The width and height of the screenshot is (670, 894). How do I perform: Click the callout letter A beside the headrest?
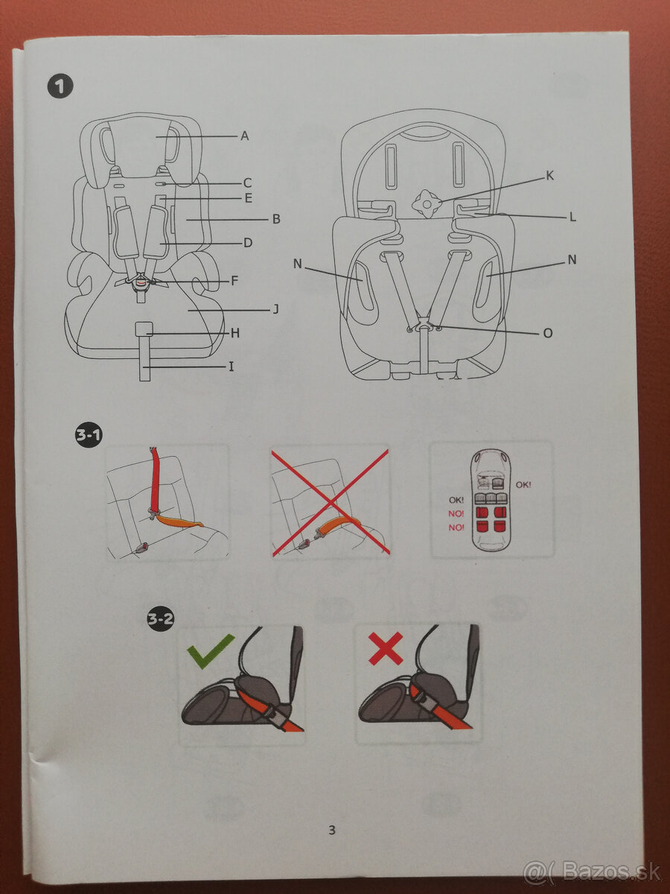244,136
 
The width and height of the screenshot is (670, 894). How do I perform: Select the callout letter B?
275,219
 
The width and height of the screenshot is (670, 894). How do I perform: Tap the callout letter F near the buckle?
234,281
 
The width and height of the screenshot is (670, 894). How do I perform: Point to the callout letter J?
275,308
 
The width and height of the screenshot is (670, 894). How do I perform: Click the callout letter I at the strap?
231,367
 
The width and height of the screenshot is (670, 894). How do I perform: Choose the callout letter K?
550,176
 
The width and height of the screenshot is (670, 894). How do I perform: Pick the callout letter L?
572,217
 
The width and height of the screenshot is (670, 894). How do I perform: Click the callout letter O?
548,333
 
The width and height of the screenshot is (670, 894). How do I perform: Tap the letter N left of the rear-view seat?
298,263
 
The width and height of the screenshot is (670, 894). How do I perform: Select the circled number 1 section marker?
61,87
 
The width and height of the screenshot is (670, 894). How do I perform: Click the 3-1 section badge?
89,436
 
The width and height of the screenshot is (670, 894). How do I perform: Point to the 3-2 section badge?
160,618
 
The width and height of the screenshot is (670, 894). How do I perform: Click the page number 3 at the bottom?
332,829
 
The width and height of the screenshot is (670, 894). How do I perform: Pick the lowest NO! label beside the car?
456,527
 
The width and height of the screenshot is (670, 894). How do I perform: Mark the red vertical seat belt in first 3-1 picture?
157,481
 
